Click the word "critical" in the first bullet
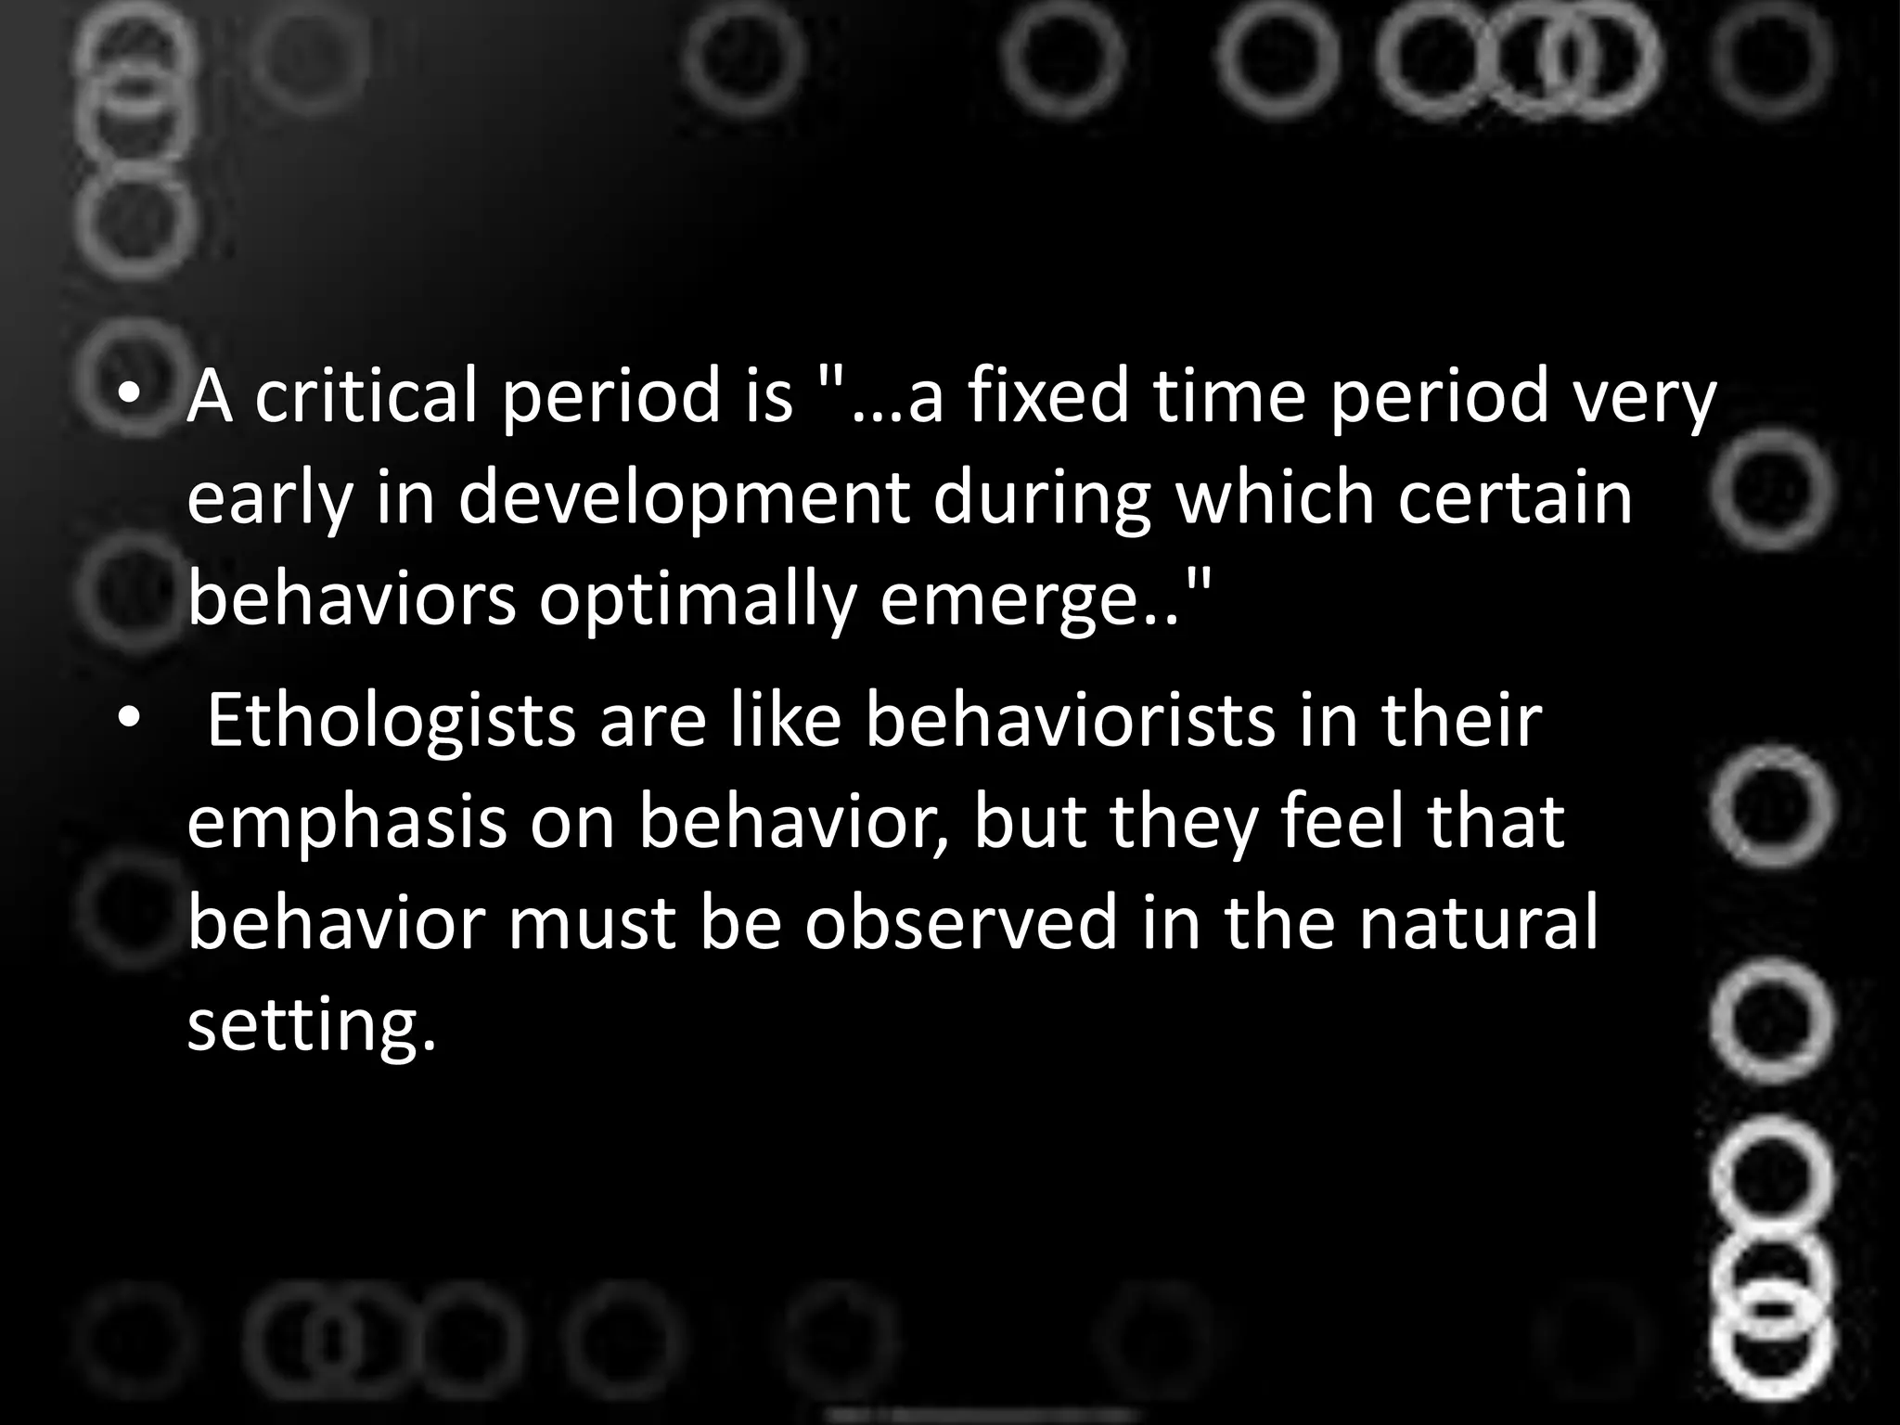point(367,396)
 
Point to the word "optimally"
point(696,600)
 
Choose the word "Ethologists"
point(391,721)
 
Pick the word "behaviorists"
point(1071,721)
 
